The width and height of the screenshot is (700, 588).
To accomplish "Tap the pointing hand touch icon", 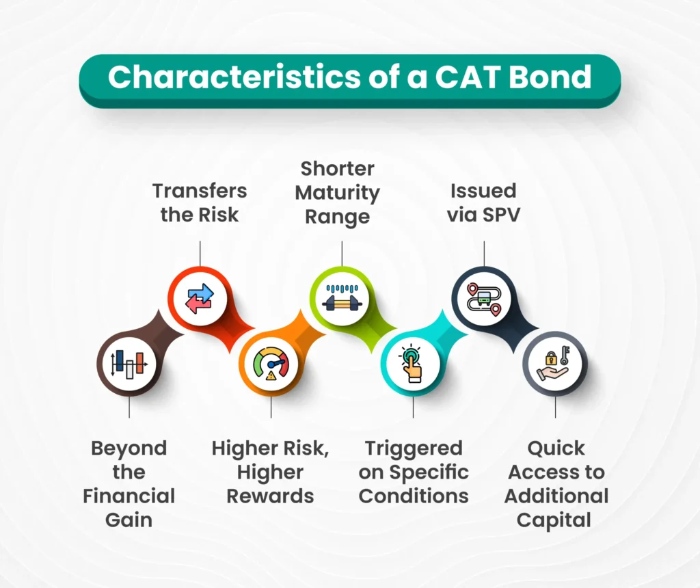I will (x=412, y=364).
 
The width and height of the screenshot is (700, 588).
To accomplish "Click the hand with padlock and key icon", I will (x=554, y=364).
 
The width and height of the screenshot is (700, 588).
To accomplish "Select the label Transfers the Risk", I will (x=200, y=202).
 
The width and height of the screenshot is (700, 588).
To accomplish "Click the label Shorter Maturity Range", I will (x=337, y=193).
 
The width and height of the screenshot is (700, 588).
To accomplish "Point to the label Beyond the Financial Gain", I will (x=129, y=483).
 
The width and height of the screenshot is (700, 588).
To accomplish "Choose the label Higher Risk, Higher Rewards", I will (x=271, y=472).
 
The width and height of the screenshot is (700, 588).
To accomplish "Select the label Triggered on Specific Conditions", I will (x=414, y=472).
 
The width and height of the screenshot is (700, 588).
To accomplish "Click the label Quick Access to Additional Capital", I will (x=555, y=483).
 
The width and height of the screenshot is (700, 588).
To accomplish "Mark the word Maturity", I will (x=337, y=193).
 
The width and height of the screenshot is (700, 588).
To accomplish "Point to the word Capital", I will (x=554, y=520).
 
